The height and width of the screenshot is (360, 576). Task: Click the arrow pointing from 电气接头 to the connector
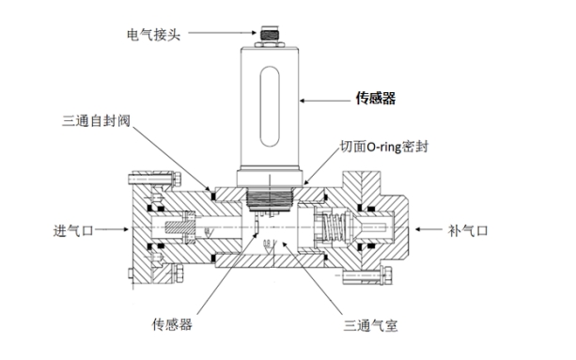click(x=216, y=34)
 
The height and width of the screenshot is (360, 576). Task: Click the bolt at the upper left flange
click(x=137, y=178)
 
